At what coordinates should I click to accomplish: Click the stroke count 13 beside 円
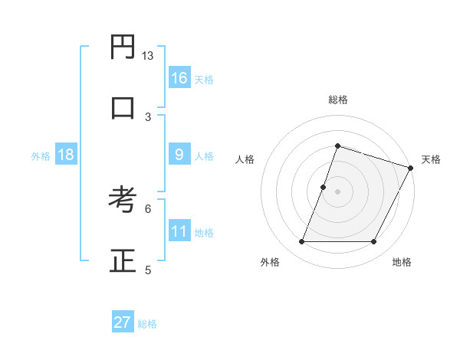pyautogui.click(x=148, y=56)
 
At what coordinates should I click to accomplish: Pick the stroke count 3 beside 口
pyautogui.click(x=148, y=116)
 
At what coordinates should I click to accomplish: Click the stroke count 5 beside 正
pyautogui.click(x=148, y=269)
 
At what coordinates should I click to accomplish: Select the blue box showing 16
pyautogui.click(x=179, y=78)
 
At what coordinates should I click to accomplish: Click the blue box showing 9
pyautogui.click(x=179, y=155)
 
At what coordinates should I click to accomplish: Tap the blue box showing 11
pyautogui.click(x=179, y=231)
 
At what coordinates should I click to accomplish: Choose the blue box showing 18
pyautogui.click(x=66, y=155)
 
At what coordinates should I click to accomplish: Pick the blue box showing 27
pyautogui.click(x=123, y=322)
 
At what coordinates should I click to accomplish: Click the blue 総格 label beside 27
pyautogui.click(x=147, y=324)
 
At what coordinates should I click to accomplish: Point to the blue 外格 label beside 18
pyautogui.click(x=41, y=156)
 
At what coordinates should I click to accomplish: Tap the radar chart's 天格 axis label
pyautogui.click(x=431, y=159)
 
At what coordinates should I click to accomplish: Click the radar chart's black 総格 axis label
pyautogui.click(x=337, y=100)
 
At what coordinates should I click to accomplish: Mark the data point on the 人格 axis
pyautogui.click(x=324, y=187)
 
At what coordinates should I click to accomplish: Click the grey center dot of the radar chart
pyautogui.click(x=337, y=191)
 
